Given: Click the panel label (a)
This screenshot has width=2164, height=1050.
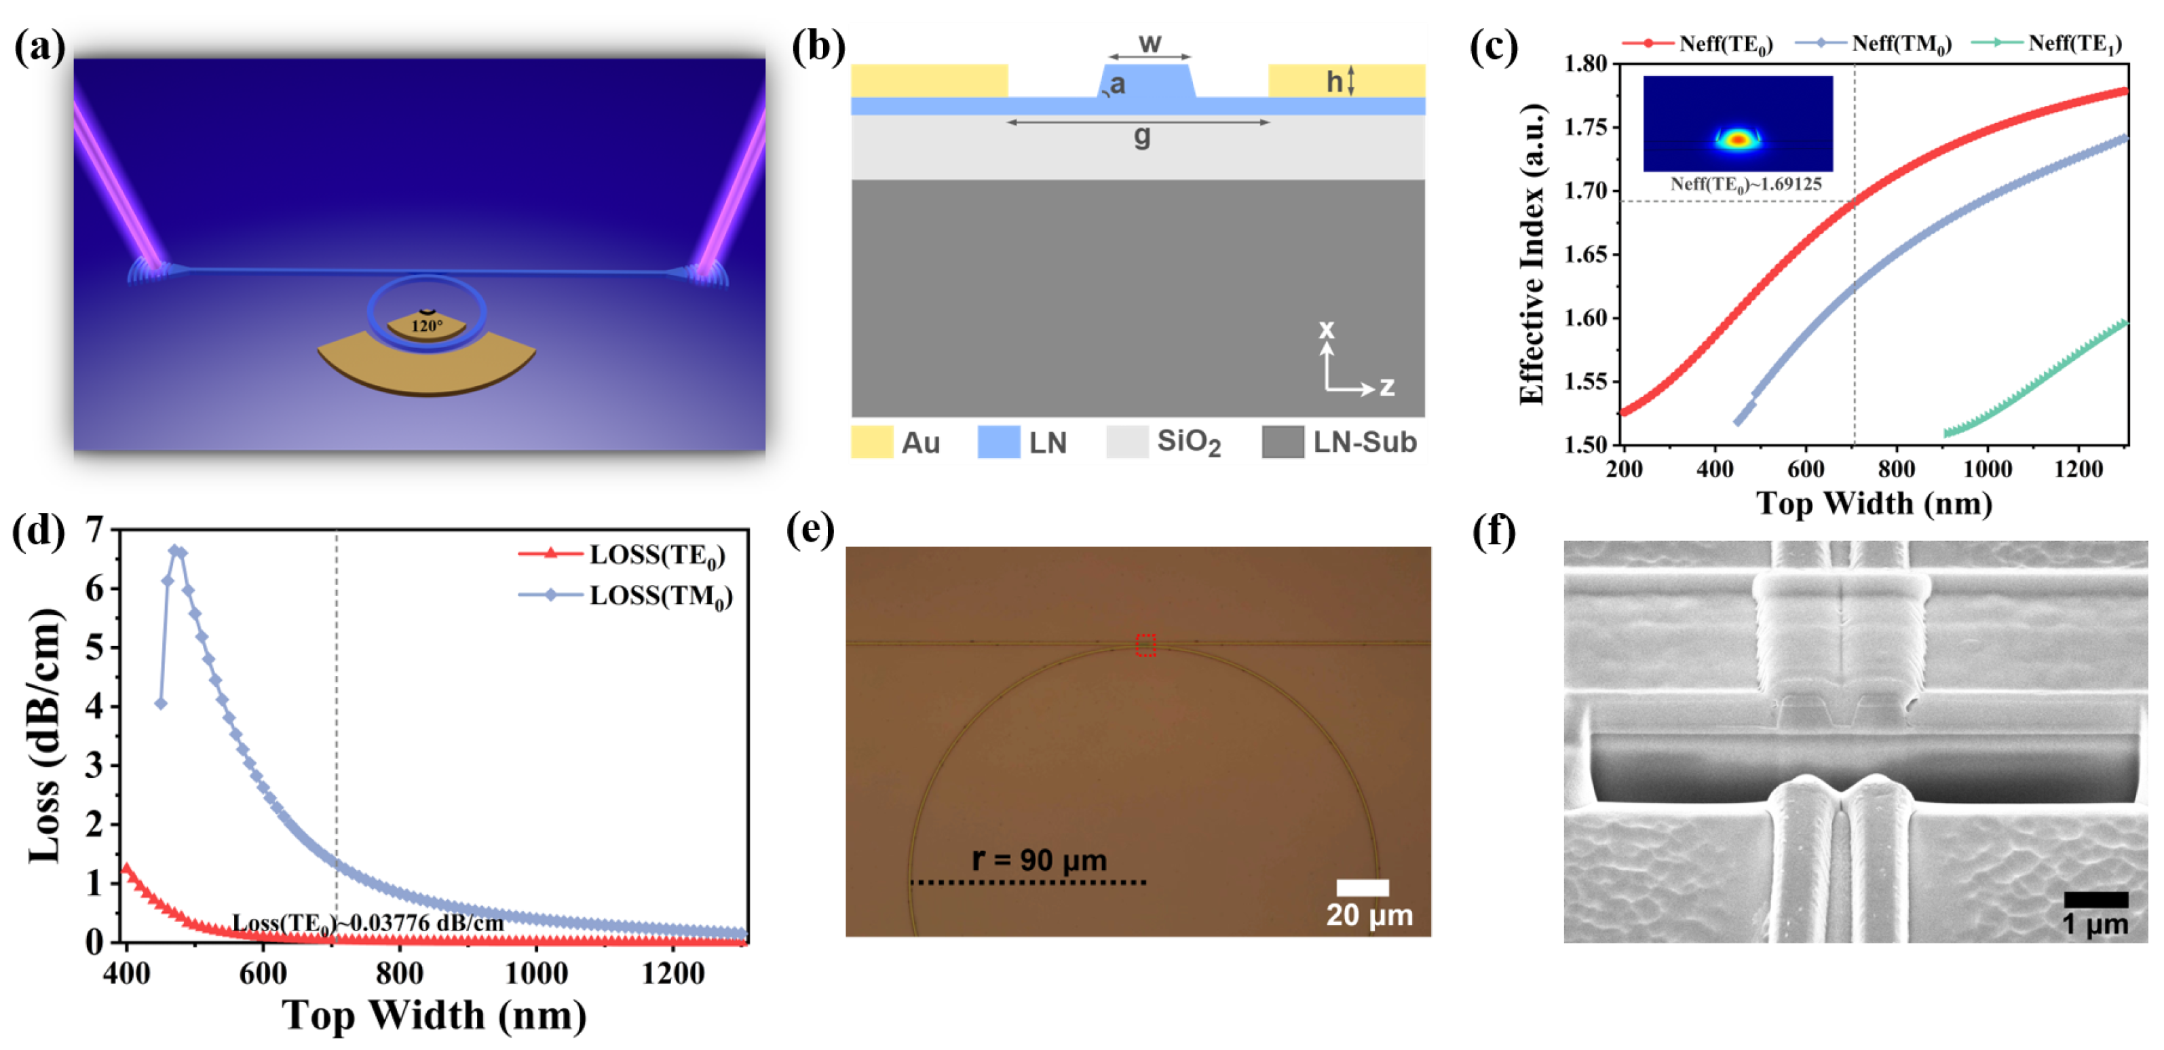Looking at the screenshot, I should coord(39,48).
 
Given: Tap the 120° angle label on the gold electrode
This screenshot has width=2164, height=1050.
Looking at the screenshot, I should coord(427,326).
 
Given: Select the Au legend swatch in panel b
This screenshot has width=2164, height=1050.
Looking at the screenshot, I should coord(871,442).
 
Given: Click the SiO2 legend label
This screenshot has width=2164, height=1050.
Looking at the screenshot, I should coord(1188,442).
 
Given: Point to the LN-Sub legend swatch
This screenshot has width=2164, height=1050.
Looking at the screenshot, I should coord(1282,442).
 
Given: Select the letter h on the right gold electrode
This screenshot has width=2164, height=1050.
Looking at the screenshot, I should coord(1333,81).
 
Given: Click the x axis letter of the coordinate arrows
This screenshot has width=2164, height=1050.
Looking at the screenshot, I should coord(1326,329).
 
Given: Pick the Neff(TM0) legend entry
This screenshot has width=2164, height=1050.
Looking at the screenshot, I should coord(1874,43).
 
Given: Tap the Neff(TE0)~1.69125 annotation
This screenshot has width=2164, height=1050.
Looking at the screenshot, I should coord(1745,184).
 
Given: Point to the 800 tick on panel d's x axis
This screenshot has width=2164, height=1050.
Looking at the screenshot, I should coord(400,973).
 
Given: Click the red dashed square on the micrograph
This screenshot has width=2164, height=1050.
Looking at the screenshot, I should coord(1145,644).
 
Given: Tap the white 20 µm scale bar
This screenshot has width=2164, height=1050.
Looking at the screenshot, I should coord(1362,888).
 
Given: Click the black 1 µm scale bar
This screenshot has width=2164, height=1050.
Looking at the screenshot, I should coord(2095,899).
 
